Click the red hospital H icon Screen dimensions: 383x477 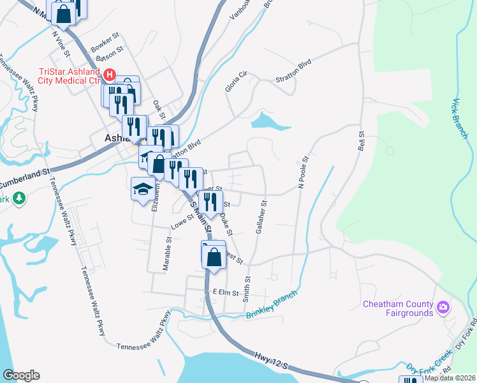click(109, 75)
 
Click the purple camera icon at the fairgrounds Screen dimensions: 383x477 click(443, 309)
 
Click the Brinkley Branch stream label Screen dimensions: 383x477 click(272, 307)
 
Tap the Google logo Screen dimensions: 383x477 click(21, 375)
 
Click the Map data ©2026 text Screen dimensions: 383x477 click(450, 378)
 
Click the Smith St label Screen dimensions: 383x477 click(246, 285)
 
